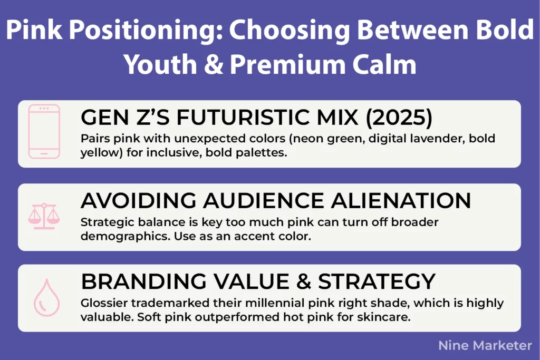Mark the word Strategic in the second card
103,222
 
